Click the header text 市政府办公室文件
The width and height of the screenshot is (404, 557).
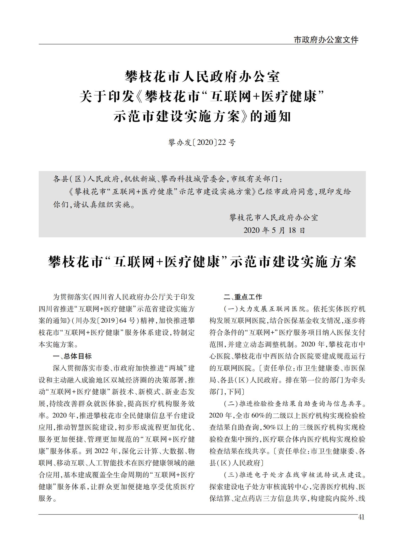point(326,40)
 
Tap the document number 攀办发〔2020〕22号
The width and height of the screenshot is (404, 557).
point(202,143)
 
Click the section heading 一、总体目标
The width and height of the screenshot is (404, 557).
point(72,356)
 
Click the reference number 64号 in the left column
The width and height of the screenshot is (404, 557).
point(127,321)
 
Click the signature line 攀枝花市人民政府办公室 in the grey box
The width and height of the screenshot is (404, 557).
point(274,218)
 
